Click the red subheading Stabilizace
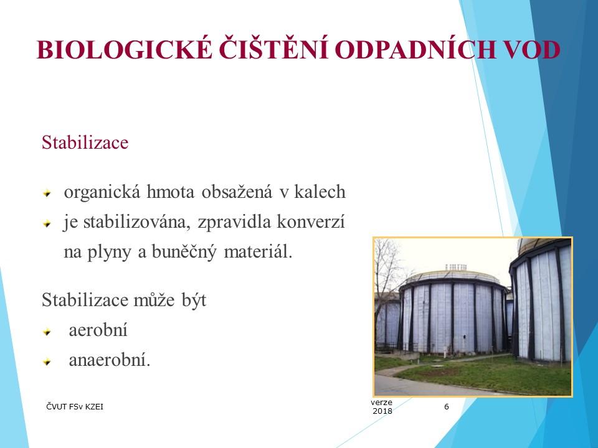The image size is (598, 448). (85, 142)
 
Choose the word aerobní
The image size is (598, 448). (98, 330)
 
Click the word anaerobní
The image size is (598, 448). (109, 360)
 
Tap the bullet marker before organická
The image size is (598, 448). (45, 194)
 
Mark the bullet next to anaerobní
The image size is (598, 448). (45, 362)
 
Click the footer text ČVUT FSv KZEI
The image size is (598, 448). (75, 407)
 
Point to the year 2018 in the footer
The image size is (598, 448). (382, 411)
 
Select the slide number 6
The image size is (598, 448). (446, 407)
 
